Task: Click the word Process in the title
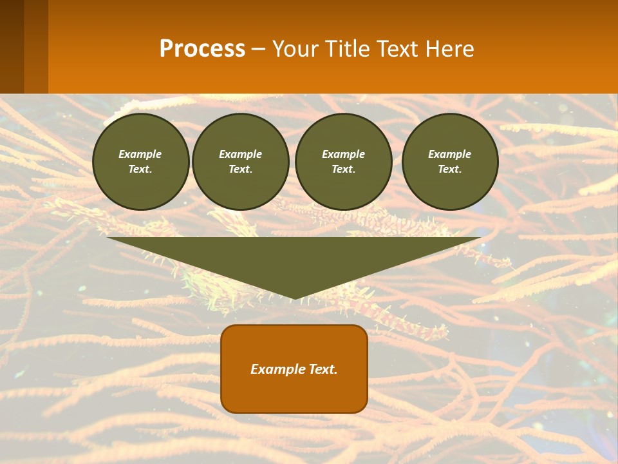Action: click(202, 49)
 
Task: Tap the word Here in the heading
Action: click(449, 49)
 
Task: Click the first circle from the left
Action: click(140, 162)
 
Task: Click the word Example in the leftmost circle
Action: click(140, 154)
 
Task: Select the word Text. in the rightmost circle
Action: click(449, 169)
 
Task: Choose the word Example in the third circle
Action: click(343, 154)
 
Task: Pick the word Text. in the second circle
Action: click(240, 169)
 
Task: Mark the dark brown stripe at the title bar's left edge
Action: click(12, 46)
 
